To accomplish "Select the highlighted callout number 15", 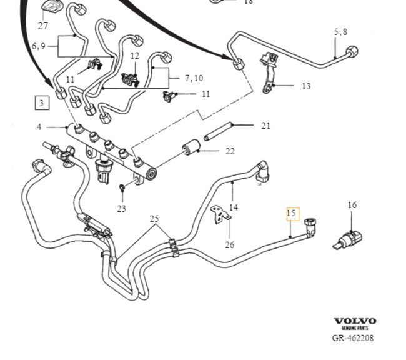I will (292, 214).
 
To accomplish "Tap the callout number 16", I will (352, 205).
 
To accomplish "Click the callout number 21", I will (266, 126).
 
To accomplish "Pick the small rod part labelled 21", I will (217, 132).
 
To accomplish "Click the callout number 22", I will (230, 151).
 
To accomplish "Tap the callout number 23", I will (121, 208).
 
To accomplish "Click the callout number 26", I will (229, 244).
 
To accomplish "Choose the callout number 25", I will (154, 219).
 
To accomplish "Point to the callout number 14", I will (234, 207).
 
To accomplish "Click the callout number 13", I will (305, 86).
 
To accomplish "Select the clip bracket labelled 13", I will (267, 72).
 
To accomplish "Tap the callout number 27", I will (42, 26).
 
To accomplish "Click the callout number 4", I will (39, 127).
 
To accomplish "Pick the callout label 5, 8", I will (340, 31).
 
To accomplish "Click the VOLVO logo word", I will (355, 321).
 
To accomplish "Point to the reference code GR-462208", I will (354, 338).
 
